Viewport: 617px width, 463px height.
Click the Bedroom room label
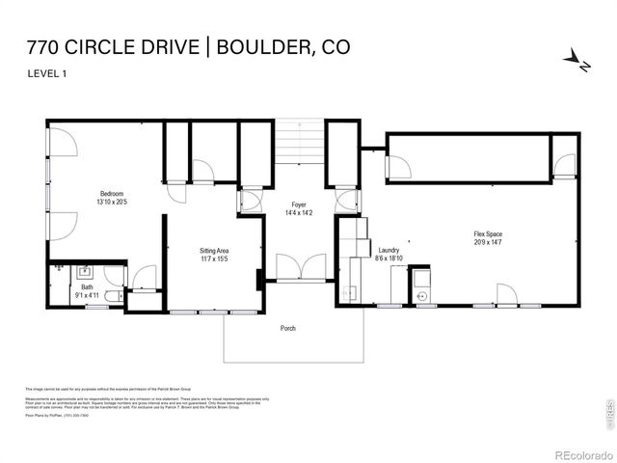[x=112, y=193]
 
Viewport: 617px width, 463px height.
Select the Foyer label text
[x=299, y=205]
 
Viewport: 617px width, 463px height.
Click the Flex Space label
[x=487, y=234]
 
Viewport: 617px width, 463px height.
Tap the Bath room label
[x=87, y=286]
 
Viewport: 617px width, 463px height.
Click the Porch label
[x=288, y=328]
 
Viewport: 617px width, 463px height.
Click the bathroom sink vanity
[x=84, y=271]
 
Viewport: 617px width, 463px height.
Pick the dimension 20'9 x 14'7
[x=487, y=243]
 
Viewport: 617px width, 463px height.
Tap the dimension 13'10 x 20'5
[x=112, y=202]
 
